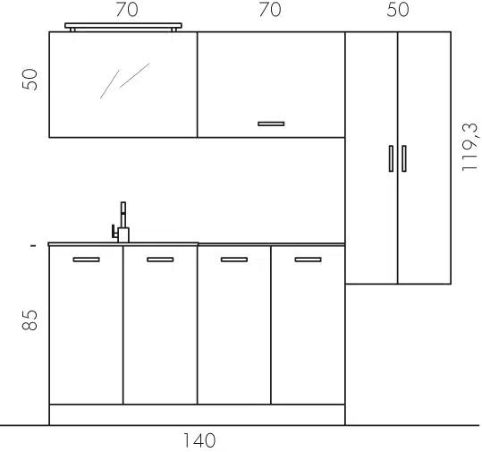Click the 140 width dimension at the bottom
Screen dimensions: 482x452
[x=199, y=440]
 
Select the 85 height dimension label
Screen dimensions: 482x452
[x=30, y=320]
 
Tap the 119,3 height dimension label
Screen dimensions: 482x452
[x=470, y=147]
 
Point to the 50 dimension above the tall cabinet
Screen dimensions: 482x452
[x=398, y=10]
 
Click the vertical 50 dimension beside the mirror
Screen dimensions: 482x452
[x=30, y=80]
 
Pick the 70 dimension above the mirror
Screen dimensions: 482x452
[x=127, y=10]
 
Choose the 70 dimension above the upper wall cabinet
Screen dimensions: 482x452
[x=270, y=10]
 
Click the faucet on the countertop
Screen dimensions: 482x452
[x=121, y=222]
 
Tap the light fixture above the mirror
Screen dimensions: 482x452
[x=123, y=27]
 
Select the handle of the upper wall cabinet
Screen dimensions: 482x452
[x=271, y=124]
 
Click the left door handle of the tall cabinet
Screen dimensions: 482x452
[x=391, y=158]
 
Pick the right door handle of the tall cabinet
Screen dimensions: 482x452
[x=404, y=158]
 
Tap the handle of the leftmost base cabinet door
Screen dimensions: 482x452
[x=87, y=260]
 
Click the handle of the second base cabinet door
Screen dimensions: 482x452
[x=160, y=260]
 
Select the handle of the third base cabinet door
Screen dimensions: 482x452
[x=234, y=260]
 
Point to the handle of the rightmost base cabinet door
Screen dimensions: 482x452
[x=308, y=260]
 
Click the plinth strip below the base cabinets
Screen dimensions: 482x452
[x=197, y=415]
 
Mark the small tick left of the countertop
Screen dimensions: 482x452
[x=33, y=245]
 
